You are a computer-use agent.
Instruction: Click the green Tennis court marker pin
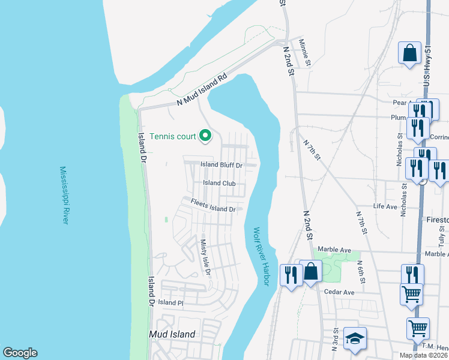[x=205, y=136]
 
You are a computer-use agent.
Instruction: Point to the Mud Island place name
[x=172, y=334]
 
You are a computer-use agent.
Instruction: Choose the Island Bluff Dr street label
[x=221, y=165]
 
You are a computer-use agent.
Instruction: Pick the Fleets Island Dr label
[x=213, y=206]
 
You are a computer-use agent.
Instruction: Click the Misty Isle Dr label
[x=205, y=256]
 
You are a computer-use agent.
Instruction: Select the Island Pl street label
[x=170, y=303]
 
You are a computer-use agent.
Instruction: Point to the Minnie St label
[x=305, y=53]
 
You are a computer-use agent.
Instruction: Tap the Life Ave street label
[x=385, y=206]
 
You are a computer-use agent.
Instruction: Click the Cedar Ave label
[x=340, y=292]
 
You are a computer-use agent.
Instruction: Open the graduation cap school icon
[x=355, y=339]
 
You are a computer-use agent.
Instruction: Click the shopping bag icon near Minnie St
[x=409, y=53]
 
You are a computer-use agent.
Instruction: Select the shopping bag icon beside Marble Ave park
[x=312, y=271]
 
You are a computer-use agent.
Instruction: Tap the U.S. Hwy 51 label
[x=428, y=67]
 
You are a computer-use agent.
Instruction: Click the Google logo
[x=20, y=353]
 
